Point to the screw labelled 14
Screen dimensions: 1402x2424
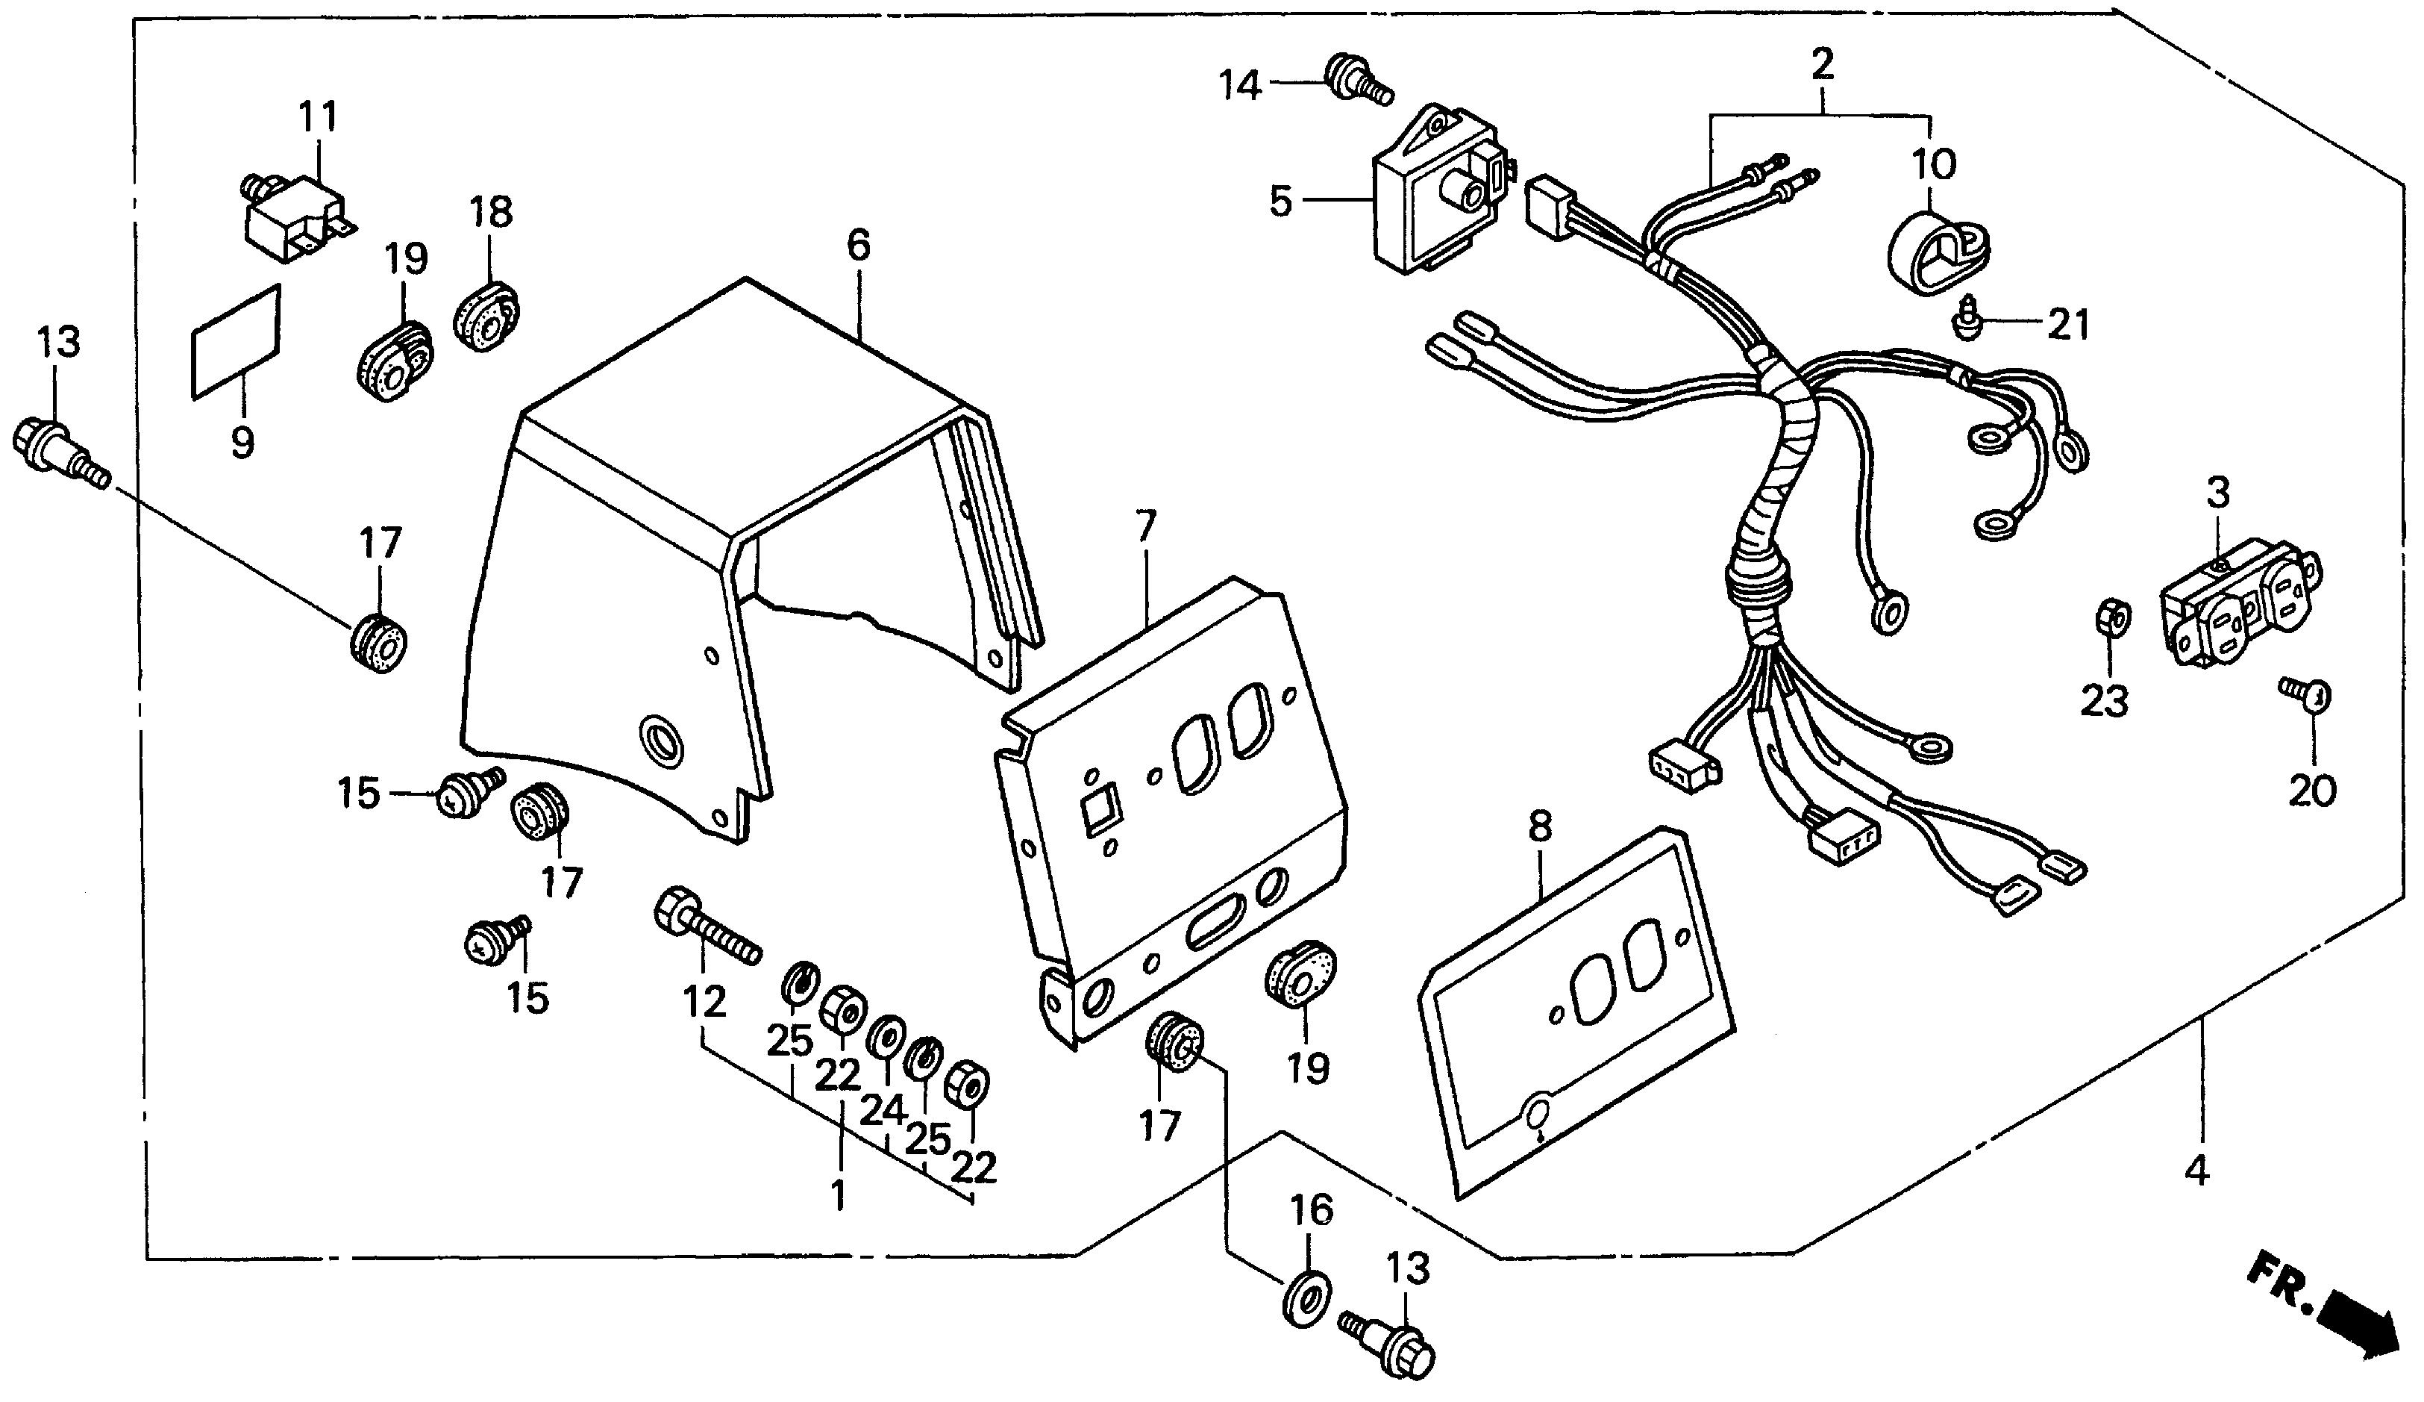(x=1356, y=79)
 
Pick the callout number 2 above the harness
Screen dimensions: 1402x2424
(x=1822, y=64)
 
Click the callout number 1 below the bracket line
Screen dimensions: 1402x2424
(x=839, y=1194)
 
